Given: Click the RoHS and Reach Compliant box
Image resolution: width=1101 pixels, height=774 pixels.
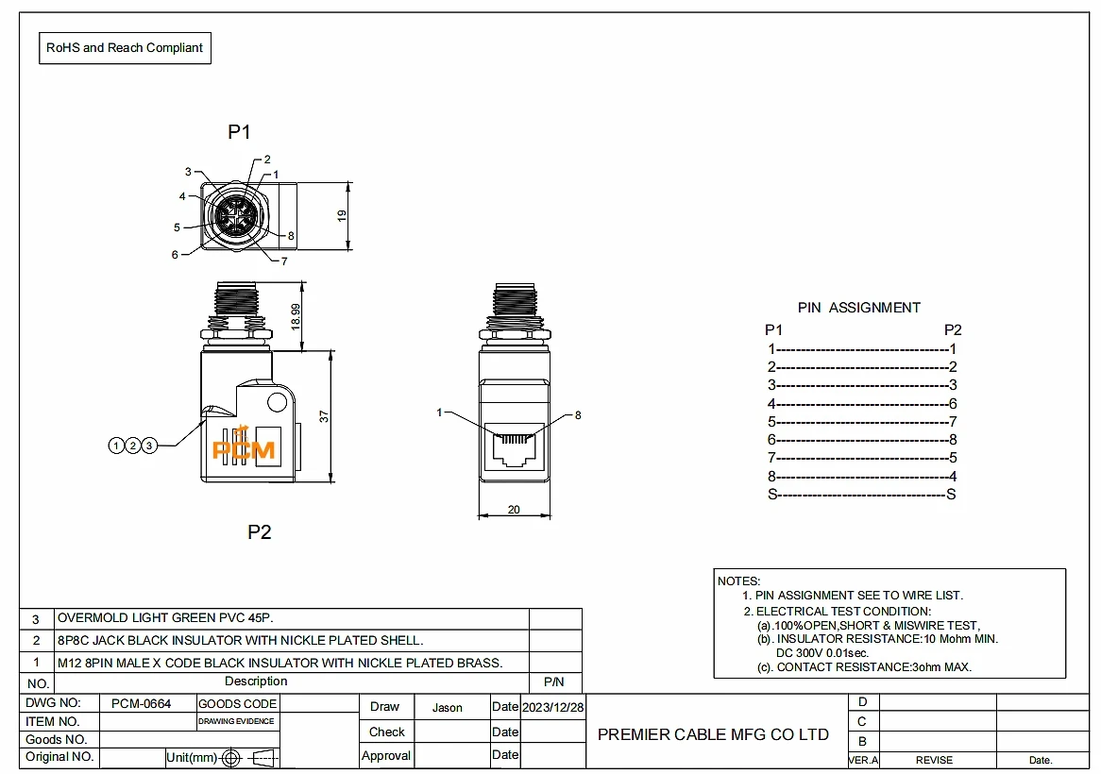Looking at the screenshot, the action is click(125, 48).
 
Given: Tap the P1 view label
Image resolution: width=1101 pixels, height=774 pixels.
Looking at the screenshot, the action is click(239, 132).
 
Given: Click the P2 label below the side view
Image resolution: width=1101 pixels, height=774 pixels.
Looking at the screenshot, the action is click(259, 532).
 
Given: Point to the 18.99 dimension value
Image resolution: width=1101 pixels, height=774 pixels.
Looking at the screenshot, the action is click(296, 316).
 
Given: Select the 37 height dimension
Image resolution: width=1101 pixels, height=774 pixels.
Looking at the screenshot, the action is click(324, 416).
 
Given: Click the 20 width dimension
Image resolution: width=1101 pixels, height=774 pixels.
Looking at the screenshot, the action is click(514, 510).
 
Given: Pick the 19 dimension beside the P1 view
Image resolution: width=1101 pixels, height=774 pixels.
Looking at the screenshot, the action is click(342, 215).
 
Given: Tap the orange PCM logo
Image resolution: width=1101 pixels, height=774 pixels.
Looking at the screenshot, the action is click(244, 446).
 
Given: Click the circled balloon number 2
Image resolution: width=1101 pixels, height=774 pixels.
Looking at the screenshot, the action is click(133, 445).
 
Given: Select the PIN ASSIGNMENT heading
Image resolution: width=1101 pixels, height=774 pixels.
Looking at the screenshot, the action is click(858, 308).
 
